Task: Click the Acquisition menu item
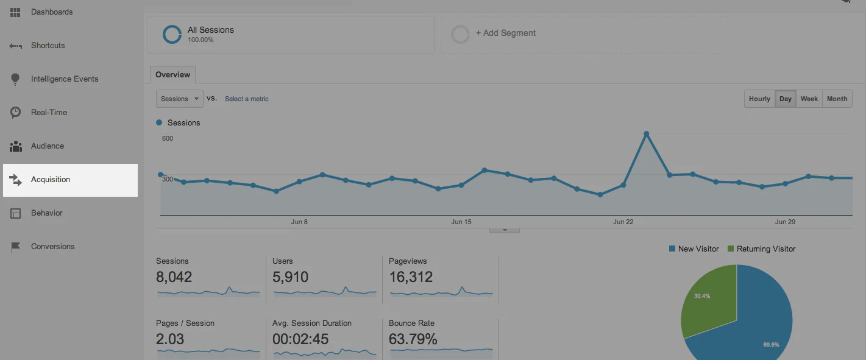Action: (51, 180)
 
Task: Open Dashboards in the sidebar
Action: (51, 12)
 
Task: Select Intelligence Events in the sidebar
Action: (64, 79)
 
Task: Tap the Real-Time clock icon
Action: (16, 113)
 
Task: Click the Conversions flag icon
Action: (16, 247)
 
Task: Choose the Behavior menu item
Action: (46, 213)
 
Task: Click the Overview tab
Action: (172, 75)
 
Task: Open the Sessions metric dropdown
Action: (179, 99)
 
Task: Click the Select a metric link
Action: (246, 99)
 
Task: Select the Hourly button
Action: (759, 99)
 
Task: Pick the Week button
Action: (809, 99)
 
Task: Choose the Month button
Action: (837, 99)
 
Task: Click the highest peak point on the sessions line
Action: (646, 134)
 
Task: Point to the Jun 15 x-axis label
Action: (461, 222)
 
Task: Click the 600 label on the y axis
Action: (168, 138)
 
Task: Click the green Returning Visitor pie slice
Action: (708, 298)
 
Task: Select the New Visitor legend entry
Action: (694, 249)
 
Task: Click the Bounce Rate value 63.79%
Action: (413, 339)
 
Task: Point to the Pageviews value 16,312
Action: (411, 277)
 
